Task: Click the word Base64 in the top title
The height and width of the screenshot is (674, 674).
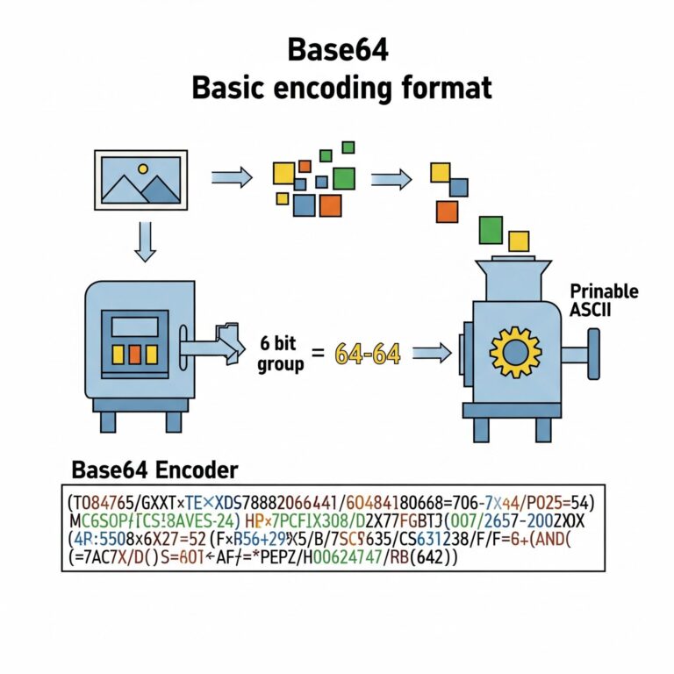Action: pyautogui.click(x=338, y=51)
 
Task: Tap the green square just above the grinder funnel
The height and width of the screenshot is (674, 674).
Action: pyautogui.click(x=491, y=230)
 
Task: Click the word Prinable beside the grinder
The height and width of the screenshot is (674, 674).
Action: pyautogui.click(x=604, y=291)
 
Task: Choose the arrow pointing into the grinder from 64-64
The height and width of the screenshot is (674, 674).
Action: pyautogui.click(x=432, y=354)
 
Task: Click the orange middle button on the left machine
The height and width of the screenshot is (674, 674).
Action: pyautogui.click(x=134, y=354)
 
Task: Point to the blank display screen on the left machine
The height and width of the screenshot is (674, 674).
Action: pyautogui.click(x=133, y=326)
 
